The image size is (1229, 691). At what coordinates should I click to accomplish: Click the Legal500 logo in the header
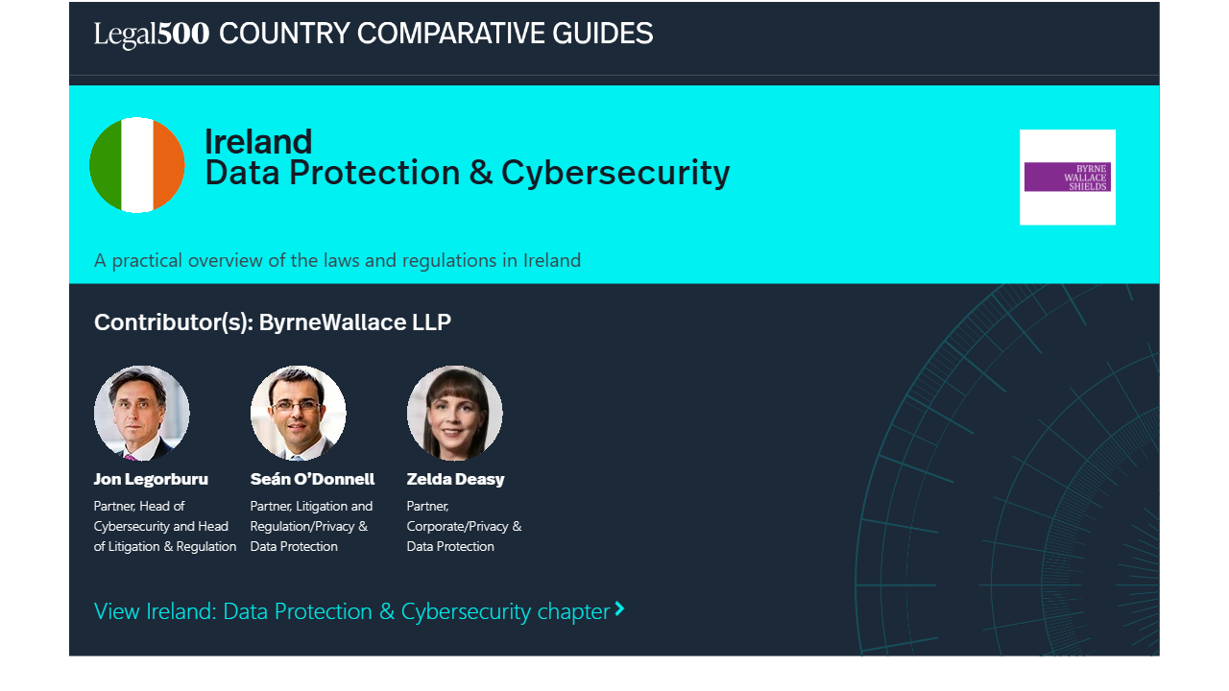click(152, 34)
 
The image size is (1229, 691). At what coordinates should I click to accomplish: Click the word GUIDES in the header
click(602, 34)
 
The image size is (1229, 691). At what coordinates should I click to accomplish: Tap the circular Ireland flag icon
click(137, 165)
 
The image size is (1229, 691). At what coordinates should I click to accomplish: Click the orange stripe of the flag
click(169, 165)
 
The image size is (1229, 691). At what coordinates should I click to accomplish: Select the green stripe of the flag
click(106, 165)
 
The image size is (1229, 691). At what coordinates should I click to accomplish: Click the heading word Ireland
click(258, 141)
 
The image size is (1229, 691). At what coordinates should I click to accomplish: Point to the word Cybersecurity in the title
click(615, 174)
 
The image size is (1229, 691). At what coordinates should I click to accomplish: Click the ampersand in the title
click(481, 173)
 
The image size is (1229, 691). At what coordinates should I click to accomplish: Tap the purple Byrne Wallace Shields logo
click(1067, 178)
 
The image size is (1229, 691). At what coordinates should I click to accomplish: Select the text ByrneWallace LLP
click(355, 322)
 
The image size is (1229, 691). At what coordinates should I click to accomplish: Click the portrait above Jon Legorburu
click(141, 413)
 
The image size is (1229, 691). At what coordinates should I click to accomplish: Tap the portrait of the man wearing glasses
click(298, 413)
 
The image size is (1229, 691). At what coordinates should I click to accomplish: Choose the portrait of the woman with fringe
click(454, 413)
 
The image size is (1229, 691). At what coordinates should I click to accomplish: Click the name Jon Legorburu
click(151, 480)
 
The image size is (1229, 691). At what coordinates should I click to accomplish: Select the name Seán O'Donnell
click(312, 479)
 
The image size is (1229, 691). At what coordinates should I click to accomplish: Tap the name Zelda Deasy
click(455, 480)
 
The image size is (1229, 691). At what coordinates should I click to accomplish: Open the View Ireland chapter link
click(359, 611)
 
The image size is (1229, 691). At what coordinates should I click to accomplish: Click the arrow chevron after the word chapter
click(620, 608)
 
